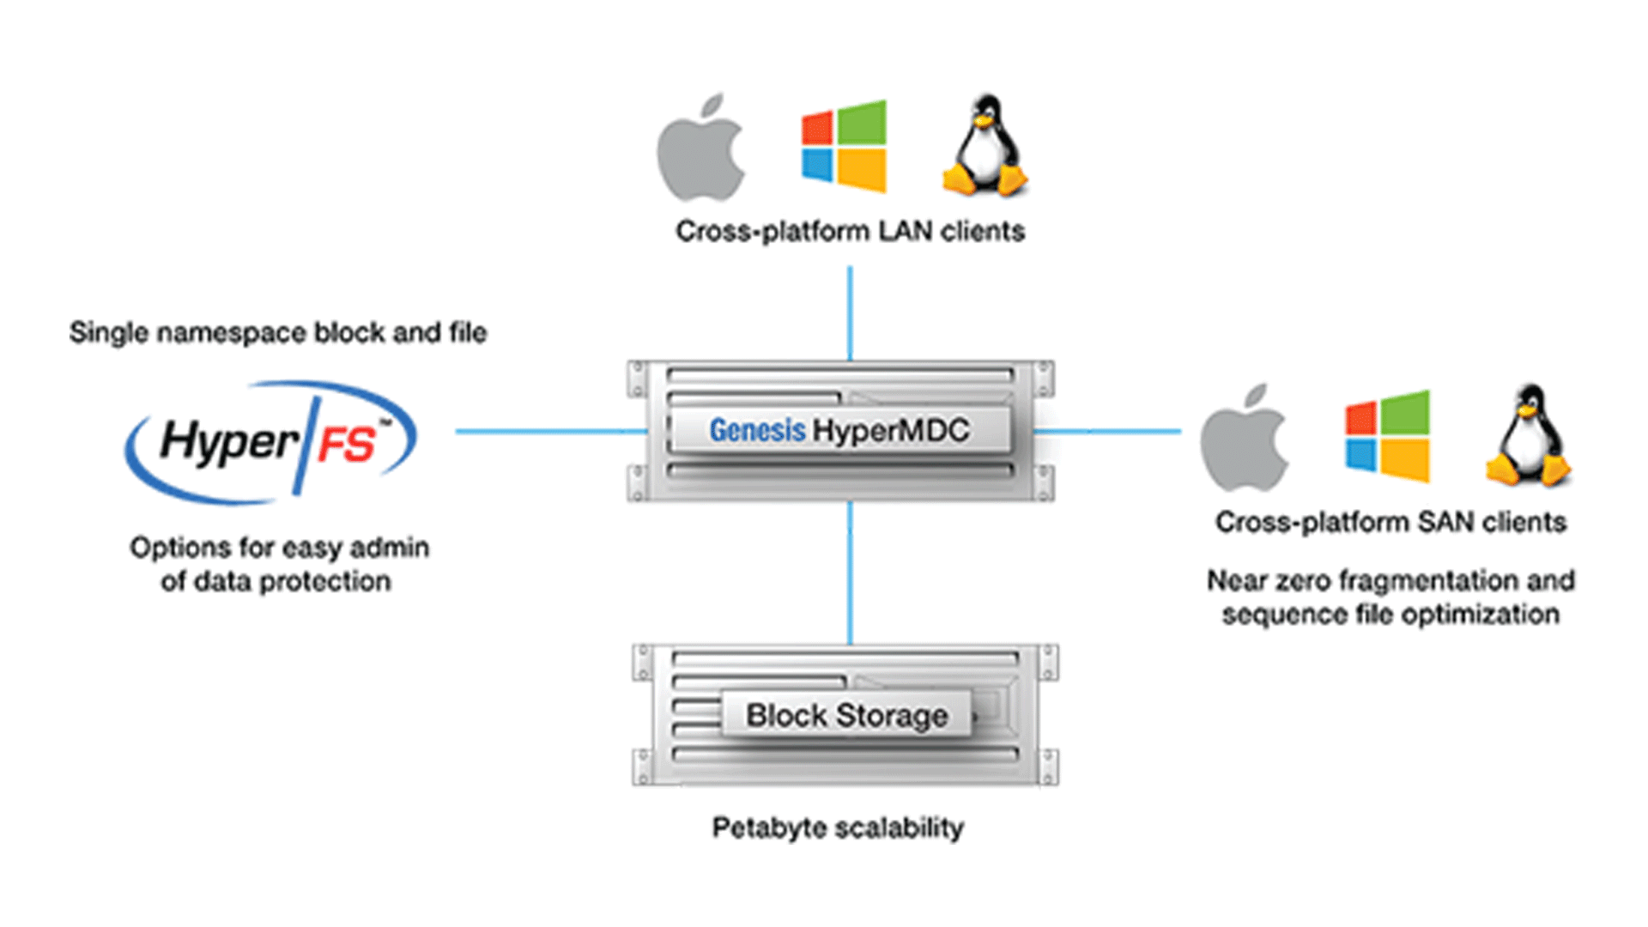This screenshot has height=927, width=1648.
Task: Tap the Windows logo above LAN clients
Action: (x=844, y=146)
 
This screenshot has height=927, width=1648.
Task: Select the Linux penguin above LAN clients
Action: (x=986, y=146)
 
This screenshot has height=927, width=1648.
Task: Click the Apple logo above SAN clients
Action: (x=1245, y=439)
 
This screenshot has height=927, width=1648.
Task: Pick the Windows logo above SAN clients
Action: (x=1387, y=436)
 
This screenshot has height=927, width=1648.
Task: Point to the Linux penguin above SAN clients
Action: (x=1529, y=436)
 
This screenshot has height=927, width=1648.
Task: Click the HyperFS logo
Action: (x=271, y=441)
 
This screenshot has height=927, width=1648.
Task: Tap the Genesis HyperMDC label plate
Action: (x=839, y=430)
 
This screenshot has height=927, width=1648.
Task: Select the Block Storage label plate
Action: (x=846, y=715)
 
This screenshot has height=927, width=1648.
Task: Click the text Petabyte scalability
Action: (x=838, y=828)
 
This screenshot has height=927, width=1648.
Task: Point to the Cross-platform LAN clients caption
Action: (x=850, y=231)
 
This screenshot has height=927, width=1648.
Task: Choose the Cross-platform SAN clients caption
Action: (x=1390, y=522)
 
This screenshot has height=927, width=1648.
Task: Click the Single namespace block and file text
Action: (x=278, y=333)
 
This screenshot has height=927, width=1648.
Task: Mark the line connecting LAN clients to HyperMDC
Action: (x=850, y=313)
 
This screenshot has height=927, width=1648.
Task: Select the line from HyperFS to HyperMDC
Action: (x=549, y=431)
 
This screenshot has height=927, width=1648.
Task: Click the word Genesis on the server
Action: (x=757, y=430)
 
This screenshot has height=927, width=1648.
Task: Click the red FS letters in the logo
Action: (x=347, y=445)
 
